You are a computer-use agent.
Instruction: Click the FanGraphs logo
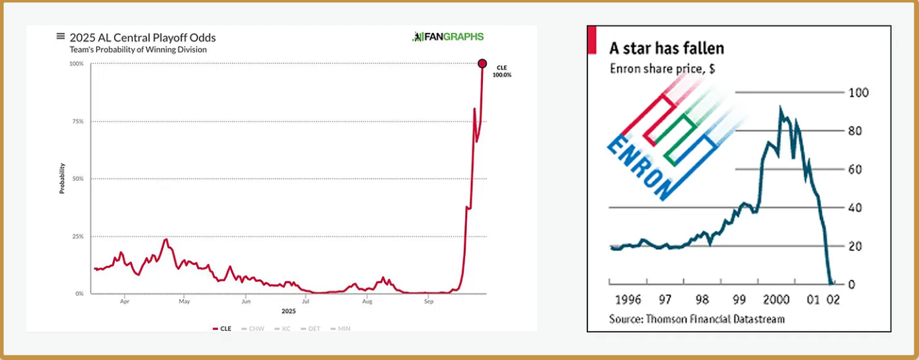[447, 37]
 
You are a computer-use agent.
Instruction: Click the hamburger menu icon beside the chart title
[61, 37]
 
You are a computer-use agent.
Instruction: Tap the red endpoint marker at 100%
[482, 64]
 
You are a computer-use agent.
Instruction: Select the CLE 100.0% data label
[501, 71]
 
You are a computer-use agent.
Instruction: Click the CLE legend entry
[222, 328]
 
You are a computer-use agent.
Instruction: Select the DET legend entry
[312, 328]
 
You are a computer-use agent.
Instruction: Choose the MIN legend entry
[343, 328]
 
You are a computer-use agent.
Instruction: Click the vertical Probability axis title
[62, 178]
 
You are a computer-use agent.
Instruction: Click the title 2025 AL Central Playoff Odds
[143, 38]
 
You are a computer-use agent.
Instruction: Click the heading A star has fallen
[667, 48]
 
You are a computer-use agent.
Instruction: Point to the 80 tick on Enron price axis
[856, 131]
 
